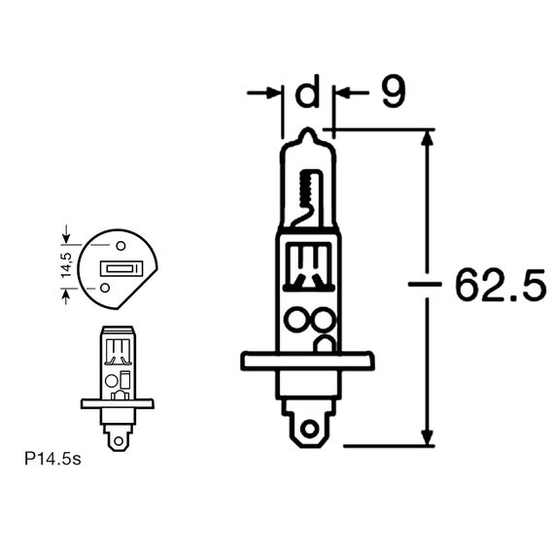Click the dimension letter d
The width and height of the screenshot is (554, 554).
[x=306, y=94]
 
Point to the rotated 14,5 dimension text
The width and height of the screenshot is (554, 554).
[x=66, y=266]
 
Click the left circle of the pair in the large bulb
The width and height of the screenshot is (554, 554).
[x=296, y=320]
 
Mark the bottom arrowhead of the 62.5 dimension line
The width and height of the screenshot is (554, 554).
[x=426, y=437]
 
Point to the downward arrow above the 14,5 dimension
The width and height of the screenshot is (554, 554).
[x=66, y=235]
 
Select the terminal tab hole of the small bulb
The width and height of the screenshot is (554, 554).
[x=120, y=439]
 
